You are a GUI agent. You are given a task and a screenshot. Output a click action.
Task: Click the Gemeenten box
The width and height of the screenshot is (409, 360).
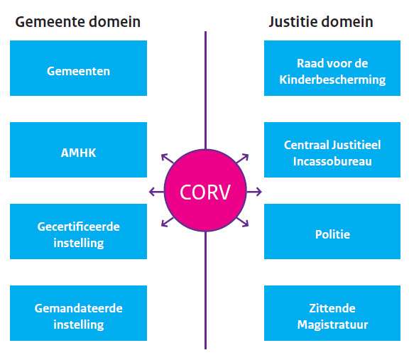78,68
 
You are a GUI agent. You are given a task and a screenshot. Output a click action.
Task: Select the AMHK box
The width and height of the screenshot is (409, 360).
78,150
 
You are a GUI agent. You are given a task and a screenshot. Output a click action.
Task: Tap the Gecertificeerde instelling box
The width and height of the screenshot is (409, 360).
78,231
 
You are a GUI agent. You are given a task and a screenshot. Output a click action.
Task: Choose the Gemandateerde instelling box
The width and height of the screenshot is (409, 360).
78,313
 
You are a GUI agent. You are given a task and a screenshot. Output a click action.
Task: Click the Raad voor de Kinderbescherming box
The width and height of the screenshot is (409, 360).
332,68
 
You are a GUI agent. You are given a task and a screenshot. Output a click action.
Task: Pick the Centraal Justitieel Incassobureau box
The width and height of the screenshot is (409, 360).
332,150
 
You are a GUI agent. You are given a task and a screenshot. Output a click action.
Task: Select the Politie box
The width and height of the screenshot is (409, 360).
332,231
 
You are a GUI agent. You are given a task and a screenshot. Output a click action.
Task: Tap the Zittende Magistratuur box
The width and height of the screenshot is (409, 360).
332,313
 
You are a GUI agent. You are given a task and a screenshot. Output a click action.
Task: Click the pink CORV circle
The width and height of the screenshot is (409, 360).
205,190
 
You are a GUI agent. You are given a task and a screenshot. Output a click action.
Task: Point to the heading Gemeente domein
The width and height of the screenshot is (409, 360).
77,21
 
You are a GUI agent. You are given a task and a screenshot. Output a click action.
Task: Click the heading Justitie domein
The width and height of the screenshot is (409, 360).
321,21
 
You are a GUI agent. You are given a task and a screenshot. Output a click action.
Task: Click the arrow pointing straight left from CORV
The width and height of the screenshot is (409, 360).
156,192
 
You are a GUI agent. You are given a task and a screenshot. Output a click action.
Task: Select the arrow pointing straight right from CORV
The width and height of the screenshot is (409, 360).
254,192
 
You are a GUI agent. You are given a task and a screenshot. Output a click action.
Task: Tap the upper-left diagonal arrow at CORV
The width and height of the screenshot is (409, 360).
167,158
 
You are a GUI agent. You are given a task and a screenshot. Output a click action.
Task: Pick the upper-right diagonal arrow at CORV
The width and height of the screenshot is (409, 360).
242,158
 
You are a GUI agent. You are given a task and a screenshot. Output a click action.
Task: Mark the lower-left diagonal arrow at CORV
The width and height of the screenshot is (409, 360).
167,222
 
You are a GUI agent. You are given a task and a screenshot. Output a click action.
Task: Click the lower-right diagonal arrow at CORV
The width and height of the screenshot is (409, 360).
242,222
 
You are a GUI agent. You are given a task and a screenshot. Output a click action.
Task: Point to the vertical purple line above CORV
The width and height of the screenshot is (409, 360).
205,90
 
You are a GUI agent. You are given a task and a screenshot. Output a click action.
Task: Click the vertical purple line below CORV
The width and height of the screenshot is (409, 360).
205,290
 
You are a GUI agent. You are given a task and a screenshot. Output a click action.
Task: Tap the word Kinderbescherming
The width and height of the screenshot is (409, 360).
332,80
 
